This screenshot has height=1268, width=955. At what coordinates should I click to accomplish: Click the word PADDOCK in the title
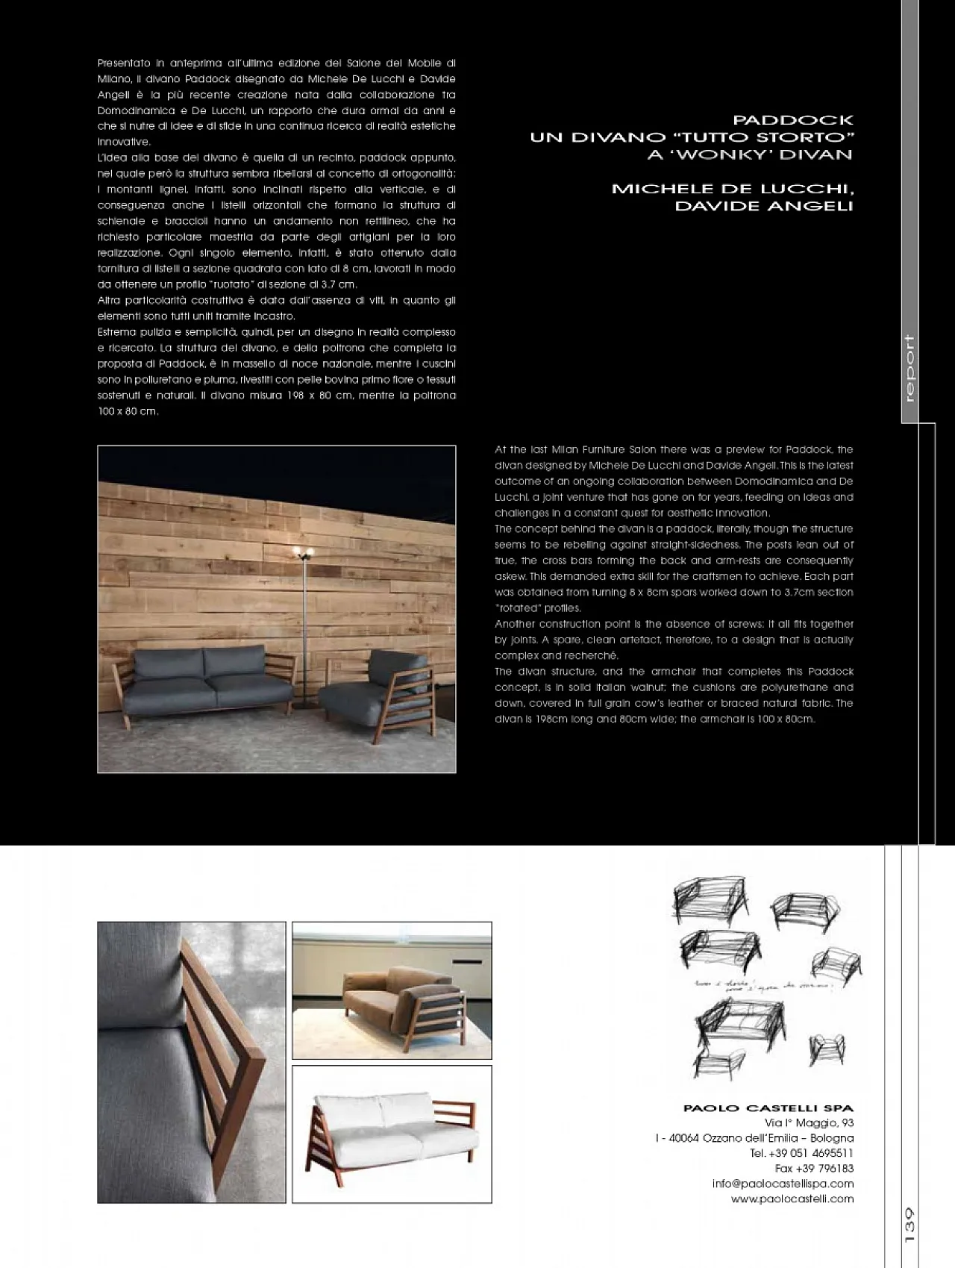click(792, 120)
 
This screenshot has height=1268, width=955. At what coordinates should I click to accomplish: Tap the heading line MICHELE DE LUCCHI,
click(732, 189)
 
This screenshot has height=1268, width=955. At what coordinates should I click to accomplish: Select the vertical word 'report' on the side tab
click(909, 369)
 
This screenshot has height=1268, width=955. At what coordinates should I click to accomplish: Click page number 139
click(909, 1225)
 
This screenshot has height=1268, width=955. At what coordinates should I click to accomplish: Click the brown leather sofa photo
click(392, 990)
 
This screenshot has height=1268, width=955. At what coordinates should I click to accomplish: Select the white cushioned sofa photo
click(392, 1134)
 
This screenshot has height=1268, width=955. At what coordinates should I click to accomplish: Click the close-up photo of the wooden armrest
click(192, 1062)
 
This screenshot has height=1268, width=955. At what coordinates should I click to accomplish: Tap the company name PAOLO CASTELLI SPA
click(768, 1108)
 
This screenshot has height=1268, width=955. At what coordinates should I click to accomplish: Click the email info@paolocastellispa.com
click(783, 1184)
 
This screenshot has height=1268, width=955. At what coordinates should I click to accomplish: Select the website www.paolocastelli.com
click(792, 1199)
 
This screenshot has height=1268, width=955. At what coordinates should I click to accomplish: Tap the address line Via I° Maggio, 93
click(809, 1123)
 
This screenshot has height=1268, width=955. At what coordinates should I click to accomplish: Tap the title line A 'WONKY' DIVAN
click(750, 155)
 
